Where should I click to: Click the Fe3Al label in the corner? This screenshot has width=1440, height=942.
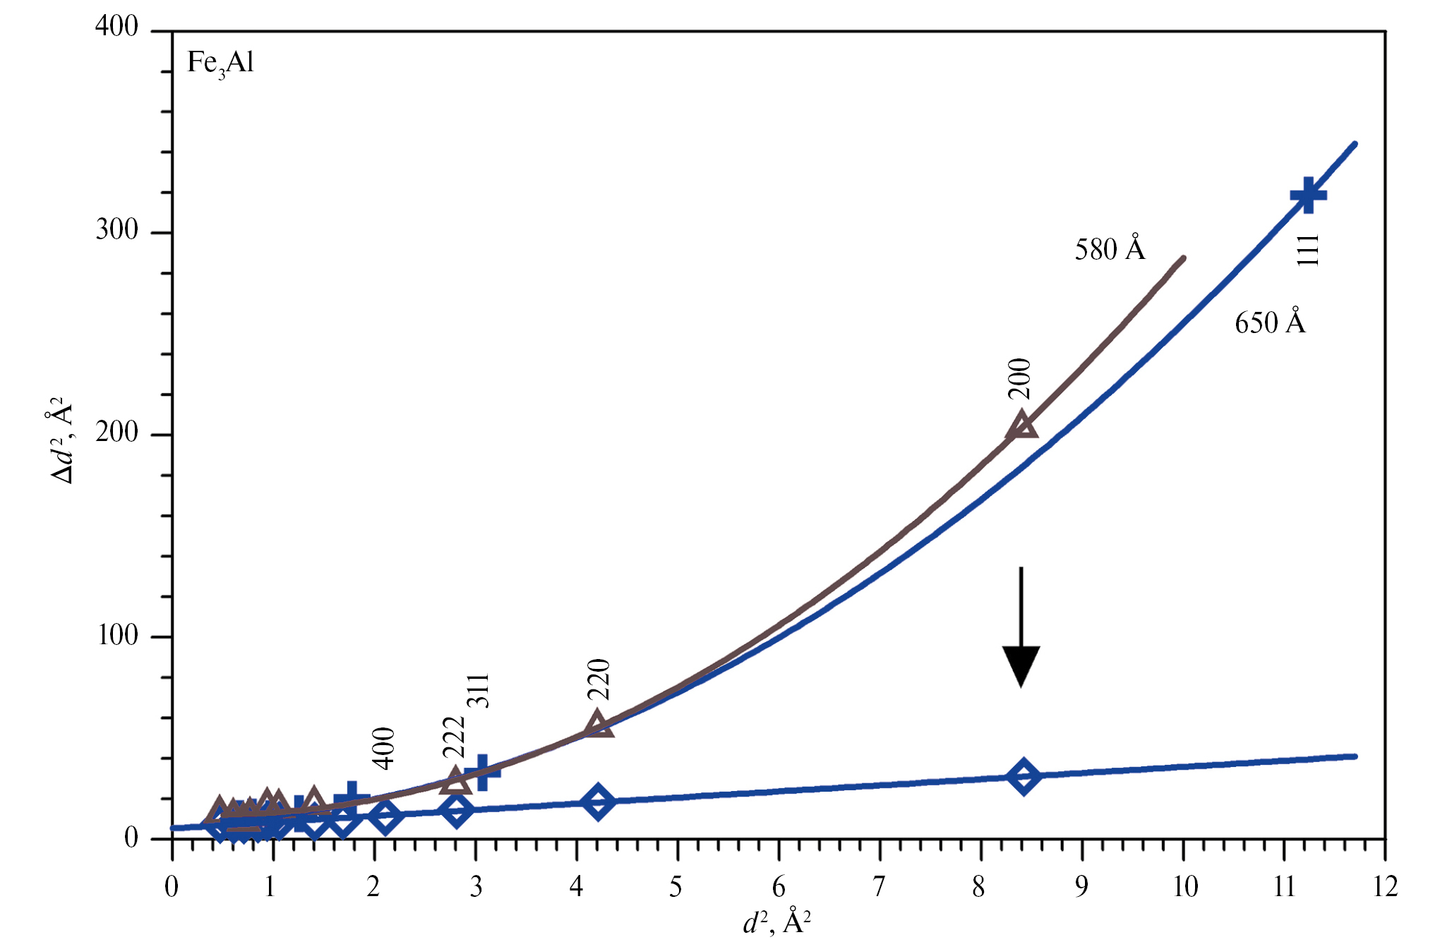click(x=220, y=64)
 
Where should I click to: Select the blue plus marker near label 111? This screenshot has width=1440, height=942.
click(x=1307, y=195)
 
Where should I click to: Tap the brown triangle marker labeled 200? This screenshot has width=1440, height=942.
click(x=1022, y=425)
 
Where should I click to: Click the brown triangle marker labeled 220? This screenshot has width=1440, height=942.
click(x=597, y=724)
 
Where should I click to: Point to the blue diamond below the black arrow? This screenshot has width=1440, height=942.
click(x=1023, y=776)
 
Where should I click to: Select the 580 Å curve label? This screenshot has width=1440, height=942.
click(x=1110, y=249)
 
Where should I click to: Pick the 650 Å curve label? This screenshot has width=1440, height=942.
click(x=1270, y=322)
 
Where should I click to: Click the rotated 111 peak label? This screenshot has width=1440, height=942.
click(x=1307, y=250)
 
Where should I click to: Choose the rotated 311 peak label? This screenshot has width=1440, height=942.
click(x=479, y=691)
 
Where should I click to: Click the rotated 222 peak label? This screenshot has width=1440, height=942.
click(x=454, y=737)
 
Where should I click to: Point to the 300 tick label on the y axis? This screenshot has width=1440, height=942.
click(x=117, y=230)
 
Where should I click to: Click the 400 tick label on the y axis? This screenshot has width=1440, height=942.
click(x=117, y=27)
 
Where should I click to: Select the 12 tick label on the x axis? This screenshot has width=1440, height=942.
click(x=1385, y=886)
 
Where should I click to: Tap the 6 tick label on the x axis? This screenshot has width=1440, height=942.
click(x=779, y=886)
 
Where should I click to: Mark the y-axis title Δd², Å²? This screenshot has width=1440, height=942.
click(x=62, y=441)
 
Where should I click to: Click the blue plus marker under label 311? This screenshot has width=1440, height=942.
click(x=482, y=772)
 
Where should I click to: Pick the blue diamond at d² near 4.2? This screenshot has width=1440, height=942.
click(x=598, y=802)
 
